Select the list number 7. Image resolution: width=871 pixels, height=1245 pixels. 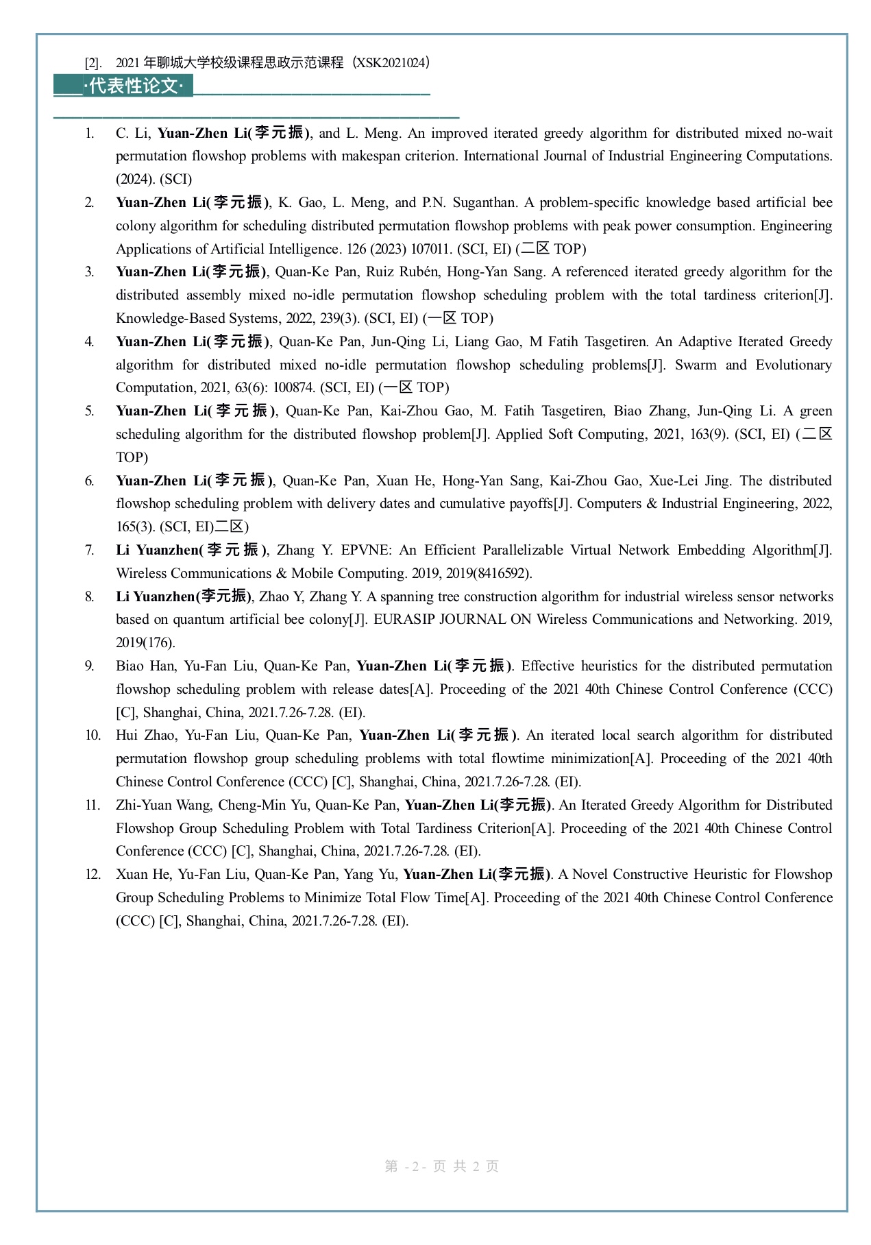click(90, 551)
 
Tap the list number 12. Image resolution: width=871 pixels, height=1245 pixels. click(93, 875)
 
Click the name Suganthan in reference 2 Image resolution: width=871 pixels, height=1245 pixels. click(484, 203)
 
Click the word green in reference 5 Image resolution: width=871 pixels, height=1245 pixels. click(815, 411)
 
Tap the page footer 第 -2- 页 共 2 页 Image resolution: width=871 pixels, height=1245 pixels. click(442, 1166)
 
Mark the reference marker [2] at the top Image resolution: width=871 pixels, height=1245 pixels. click(93, 64)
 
